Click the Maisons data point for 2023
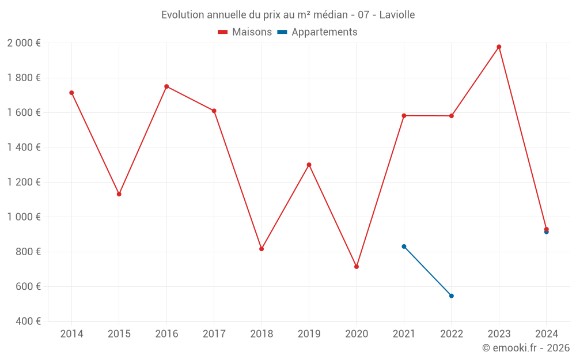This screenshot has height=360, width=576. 499,47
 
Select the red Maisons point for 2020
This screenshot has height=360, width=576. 357,267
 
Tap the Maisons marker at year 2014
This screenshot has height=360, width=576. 71,93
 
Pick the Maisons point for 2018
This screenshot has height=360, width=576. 262,249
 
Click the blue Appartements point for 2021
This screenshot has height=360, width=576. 404,247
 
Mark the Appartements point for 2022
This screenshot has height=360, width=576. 452,296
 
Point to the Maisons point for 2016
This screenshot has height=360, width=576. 166,86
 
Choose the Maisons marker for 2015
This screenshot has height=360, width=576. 119,194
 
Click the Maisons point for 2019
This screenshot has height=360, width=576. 309,165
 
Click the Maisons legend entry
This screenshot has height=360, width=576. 245,32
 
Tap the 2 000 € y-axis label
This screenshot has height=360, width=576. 24,43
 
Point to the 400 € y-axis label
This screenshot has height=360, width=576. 27,321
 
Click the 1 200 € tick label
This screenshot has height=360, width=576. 24,182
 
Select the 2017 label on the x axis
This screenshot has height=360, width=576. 214,334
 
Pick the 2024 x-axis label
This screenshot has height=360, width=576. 546,334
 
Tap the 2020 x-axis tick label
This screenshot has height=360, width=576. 357,334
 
